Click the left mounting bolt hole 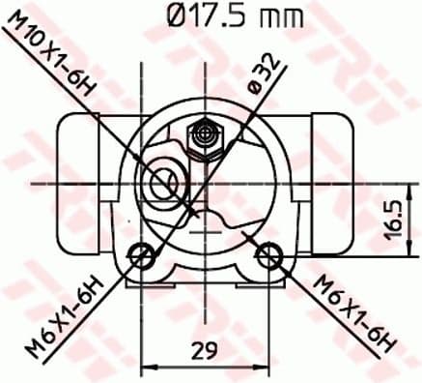pyautogui.click(x=142, y=256)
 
